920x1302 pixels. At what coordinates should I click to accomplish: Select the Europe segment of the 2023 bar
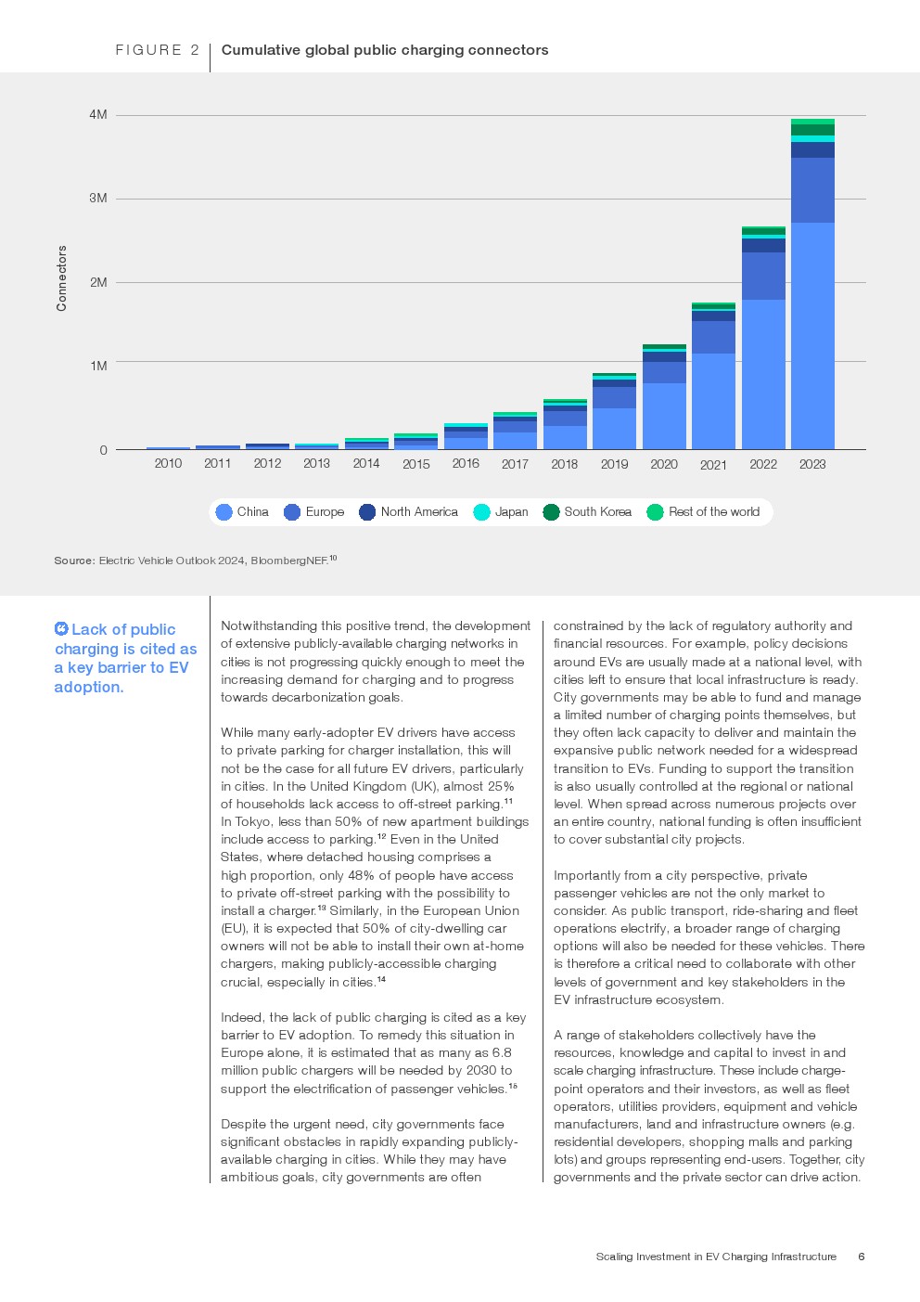click(812, 190)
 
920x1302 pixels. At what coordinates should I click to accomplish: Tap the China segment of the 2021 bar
click(713, 401)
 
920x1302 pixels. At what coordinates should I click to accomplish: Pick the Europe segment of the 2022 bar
click(763, 276)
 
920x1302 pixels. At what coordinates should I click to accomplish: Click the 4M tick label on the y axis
click(98, 114)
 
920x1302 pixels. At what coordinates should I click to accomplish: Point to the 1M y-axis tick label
click(98, 366)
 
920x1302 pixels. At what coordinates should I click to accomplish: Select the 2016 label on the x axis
click(466, 463)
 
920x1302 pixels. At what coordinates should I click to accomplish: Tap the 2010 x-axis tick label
click(168, 463)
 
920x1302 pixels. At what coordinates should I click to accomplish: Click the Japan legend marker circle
click(481, 512)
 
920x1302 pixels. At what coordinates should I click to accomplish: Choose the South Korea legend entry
click(597, 512)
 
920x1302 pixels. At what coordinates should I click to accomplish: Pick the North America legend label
click(419, 512)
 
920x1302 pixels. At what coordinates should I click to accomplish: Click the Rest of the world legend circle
click(655, 512)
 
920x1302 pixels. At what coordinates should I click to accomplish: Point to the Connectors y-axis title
click(62, 278)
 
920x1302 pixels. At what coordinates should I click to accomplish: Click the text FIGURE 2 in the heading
click(157, 50)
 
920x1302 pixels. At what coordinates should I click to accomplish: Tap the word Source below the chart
click(73, 561)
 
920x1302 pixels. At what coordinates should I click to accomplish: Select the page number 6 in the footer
click(862, 1257)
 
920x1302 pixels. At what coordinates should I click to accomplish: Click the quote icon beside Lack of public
click(61, 629)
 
